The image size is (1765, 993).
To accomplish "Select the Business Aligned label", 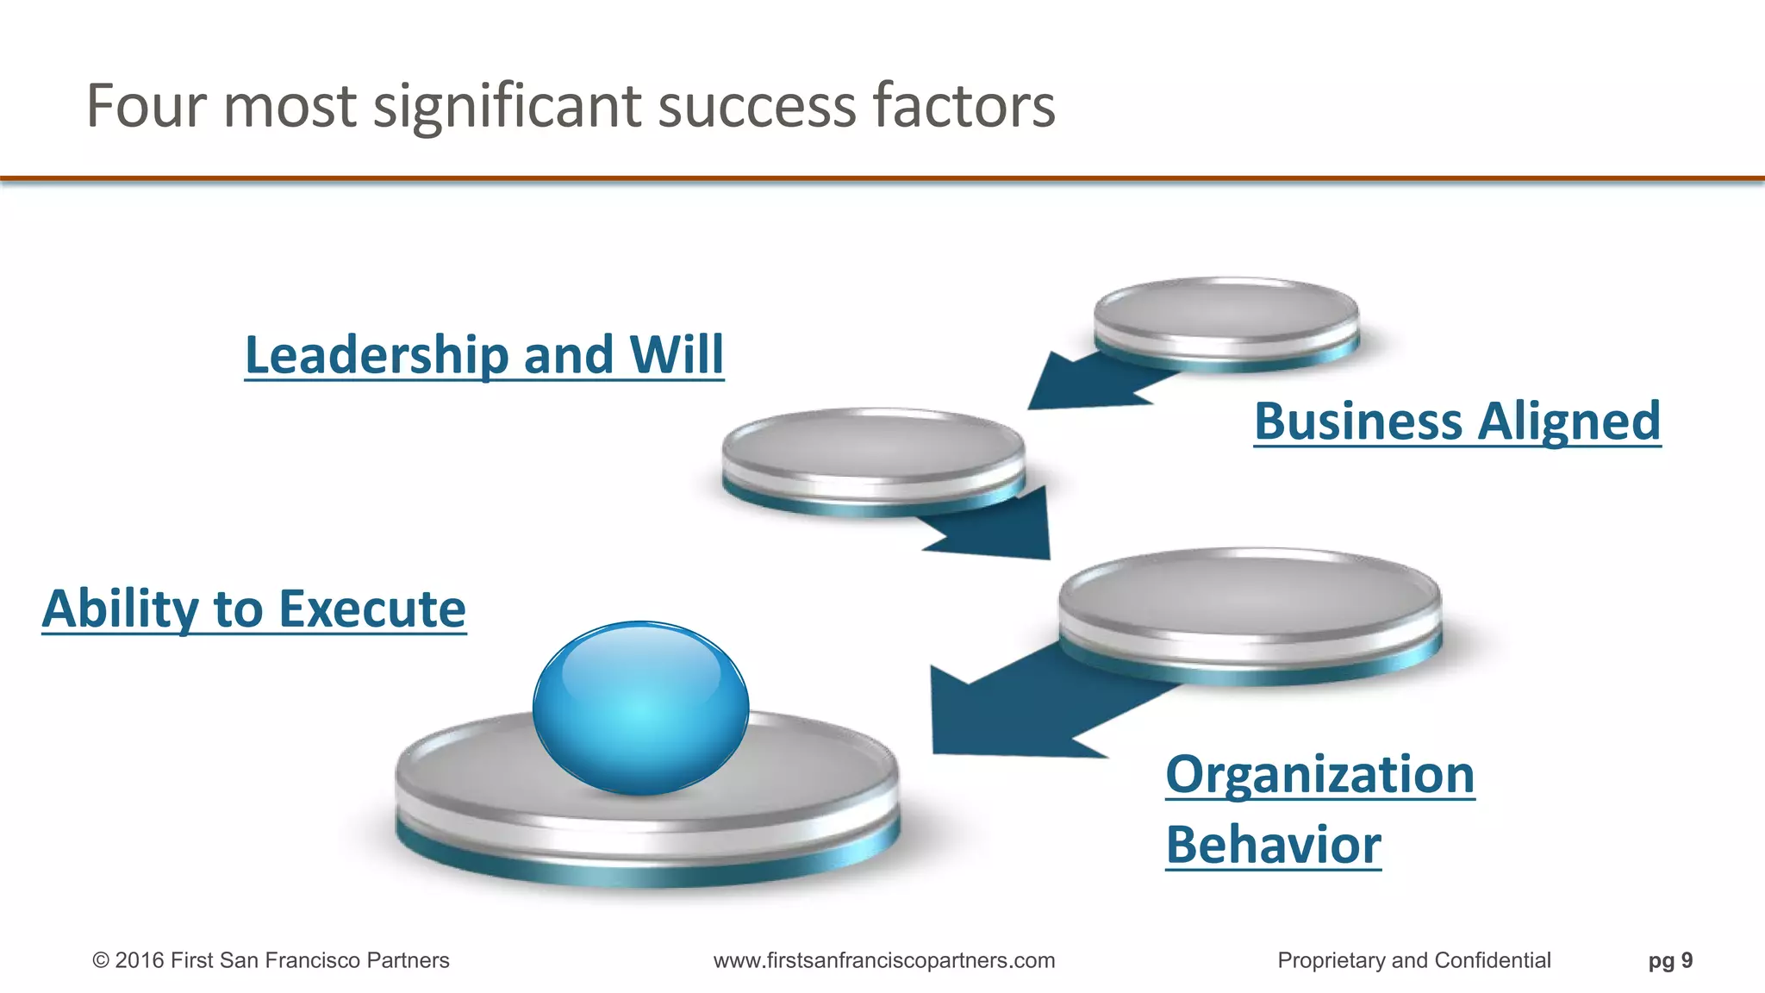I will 1456,422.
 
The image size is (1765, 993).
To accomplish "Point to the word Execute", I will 372,609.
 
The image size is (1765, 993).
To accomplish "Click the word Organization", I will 1319,774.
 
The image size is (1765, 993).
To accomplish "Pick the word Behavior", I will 1273,845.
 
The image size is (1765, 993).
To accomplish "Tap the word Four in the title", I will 147,106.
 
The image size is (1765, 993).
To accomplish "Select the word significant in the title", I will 508,106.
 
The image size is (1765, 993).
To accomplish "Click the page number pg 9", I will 1670,960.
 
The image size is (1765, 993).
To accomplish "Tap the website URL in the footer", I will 884,960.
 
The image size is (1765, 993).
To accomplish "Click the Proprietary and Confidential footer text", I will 1413,960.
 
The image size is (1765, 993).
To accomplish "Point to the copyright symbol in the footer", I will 101,960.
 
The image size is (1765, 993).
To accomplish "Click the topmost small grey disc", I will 1226,315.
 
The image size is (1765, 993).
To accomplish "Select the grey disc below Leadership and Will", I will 873,453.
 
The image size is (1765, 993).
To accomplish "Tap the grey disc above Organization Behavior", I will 1249,603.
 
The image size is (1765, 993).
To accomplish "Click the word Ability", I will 120,609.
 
